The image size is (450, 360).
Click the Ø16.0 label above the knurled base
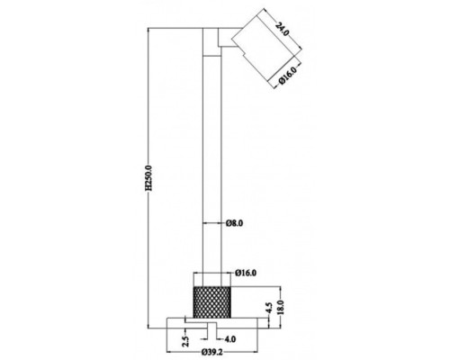pyautogui.click(x=247, y=271)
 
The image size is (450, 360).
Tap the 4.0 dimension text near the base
pyautogui.click(x=230, y=338)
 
